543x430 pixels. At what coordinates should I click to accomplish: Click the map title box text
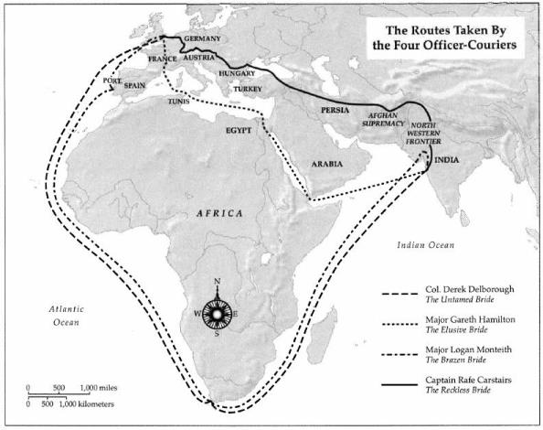click(439, 34)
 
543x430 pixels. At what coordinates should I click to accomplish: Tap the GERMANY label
click(202, 40)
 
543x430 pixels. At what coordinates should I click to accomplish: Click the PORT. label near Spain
click(112, 81)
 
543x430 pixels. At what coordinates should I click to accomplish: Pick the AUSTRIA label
click(198, 56)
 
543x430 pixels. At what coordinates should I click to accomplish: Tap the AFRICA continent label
click(218, 212)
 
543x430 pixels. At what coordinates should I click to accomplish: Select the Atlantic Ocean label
click(67, 317)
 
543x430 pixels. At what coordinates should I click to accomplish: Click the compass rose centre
click(217, 312)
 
